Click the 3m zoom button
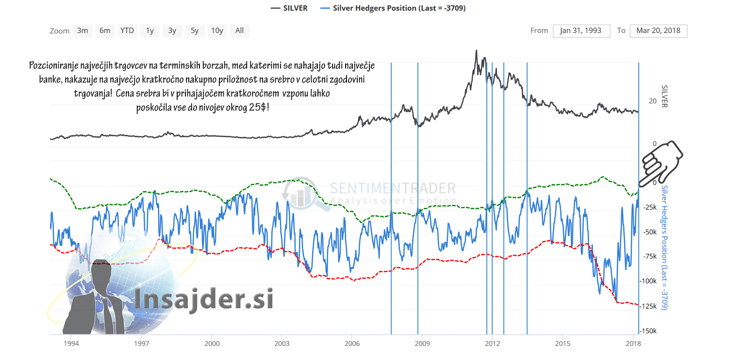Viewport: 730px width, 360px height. click(x=83, y=31)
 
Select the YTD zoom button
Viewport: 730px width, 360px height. click(x=127, y=31)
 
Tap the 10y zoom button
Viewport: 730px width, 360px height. click(x=217, y=31)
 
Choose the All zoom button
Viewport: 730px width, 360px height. click(x=239, y=31)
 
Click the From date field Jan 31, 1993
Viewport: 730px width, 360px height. click(x=581, y=31)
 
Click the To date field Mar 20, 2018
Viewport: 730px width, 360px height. click(x=658, y=31)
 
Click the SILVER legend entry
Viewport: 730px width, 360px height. click(x=289, y=8)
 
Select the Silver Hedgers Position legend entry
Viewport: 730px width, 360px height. click(x=393, y=8)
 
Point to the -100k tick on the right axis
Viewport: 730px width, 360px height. click(x=648, y=281)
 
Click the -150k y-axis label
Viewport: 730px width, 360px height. click(x=648, y=331)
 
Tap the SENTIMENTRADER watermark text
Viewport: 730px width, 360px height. click(x=393, y=188)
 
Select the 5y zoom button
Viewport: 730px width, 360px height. click(x=194, y=31)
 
